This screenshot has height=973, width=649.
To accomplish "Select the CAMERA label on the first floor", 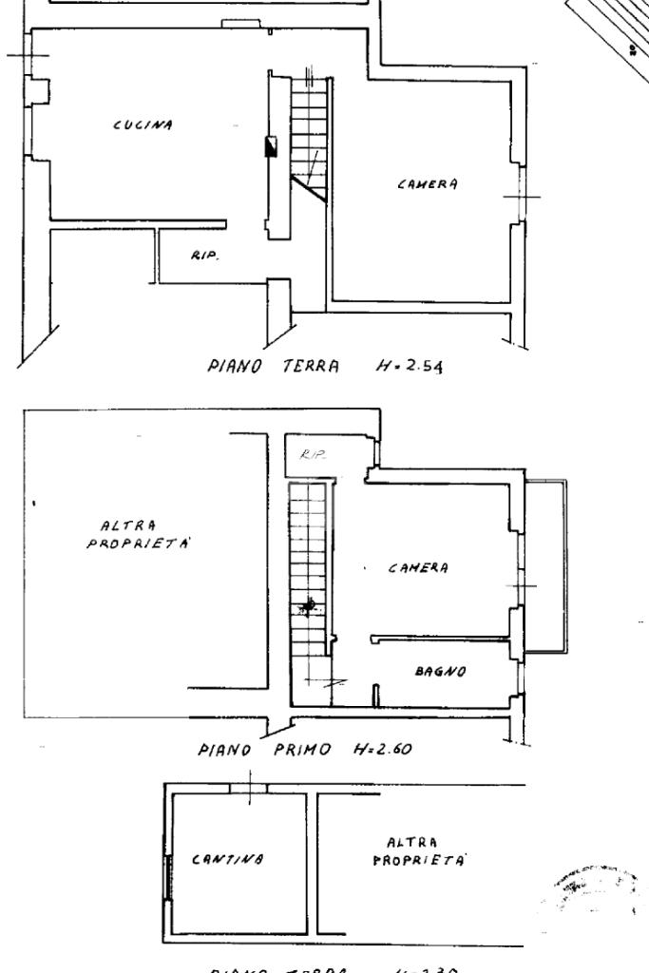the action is click(418, 568).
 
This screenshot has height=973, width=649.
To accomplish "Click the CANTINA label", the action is click(227, 860).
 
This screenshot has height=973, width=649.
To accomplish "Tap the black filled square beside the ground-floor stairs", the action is click(272, 146).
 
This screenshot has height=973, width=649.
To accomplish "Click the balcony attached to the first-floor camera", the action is click(546, 566).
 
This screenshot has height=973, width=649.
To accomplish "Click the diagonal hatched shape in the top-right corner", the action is click(613, 33).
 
